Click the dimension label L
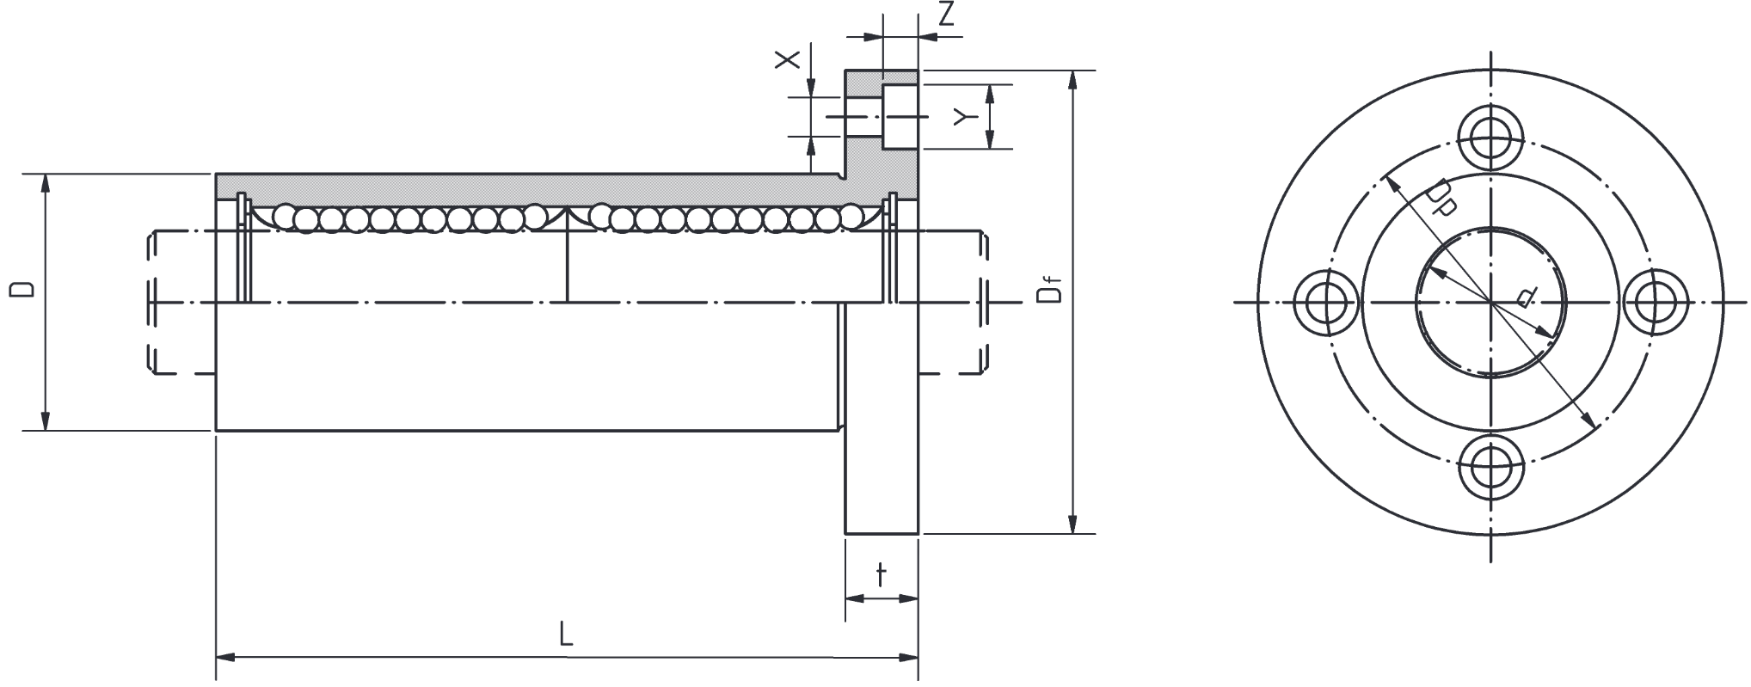point(565,635)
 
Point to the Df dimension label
point(1050,290)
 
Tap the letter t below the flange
point(881,574)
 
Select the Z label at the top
point(947,15)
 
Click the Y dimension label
point(964,117)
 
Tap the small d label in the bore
point(1523,297)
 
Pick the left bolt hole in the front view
point(1327,303)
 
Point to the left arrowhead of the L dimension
point(226,659)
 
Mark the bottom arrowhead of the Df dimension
point(1072,523)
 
